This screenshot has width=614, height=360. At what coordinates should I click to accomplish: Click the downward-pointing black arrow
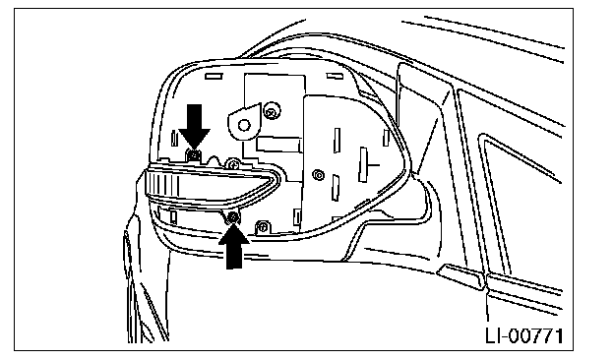click(195, 125)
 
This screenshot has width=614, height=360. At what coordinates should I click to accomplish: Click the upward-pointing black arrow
click(234, 247)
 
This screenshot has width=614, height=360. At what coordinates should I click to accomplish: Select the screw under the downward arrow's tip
click(193, 155)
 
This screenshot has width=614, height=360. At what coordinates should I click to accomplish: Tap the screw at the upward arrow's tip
click(233, 216)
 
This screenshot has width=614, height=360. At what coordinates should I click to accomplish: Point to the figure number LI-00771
click(524, 335)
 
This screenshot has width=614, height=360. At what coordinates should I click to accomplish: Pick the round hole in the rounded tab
click(244, 125)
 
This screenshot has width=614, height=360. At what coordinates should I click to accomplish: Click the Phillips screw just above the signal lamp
click(234, 164)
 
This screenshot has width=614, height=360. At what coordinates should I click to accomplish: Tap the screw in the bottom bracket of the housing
click(263, 226)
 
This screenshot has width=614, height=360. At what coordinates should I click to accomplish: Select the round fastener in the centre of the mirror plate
click(319, 175)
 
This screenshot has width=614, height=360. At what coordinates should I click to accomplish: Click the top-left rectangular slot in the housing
click(214, 77)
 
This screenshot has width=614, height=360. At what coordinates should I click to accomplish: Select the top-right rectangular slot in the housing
click(335, 76)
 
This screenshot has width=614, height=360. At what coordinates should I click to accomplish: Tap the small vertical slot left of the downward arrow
click(174, 138)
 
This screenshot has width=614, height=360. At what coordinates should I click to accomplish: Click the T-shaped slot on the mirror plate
click(365, 164)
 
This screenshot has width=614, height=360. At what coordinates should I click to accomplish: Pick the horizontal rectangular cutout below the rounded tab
click(279, 145)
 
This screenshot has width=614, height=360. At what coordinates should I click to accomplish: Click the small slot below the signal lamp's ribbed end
click(173, 216)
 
